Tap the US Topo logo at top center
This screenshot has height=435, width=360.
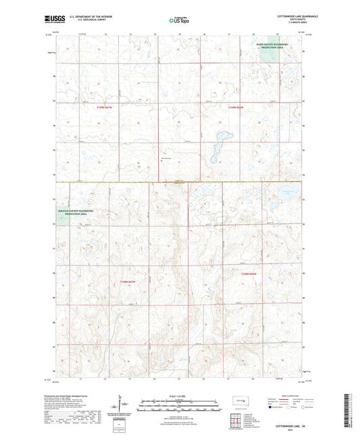[x=179, y=21]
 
